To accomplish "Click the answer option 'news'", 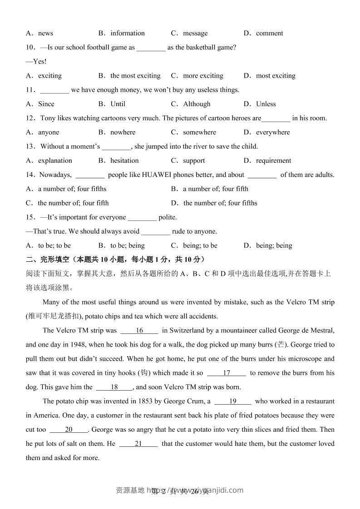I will coord(45,33).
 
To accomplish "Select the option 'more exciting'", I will coord(203,76).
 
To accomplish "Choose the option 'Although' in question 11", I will coord(197,104).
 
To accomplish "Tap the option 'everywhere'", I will coord(272,132).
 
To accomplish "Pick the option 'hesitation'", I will coord(124,161).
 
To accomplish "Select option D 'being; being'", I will coord(274,245).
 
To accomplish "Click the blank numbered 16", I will coord(139,331).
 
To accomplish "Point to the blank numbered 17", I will coord(227,373).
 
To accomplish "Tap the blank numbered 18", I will coord(114,387).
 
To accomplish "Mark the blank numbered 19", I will coord(233,401).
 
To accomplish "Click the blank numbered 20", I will coord(69,430).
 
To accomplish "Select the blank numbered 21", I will coord(138,444).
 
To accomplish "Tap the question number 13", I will coord(30,147).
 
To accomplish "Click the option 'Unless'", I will coord(266,104).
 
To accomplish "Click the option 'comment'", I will coord(269,33).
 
